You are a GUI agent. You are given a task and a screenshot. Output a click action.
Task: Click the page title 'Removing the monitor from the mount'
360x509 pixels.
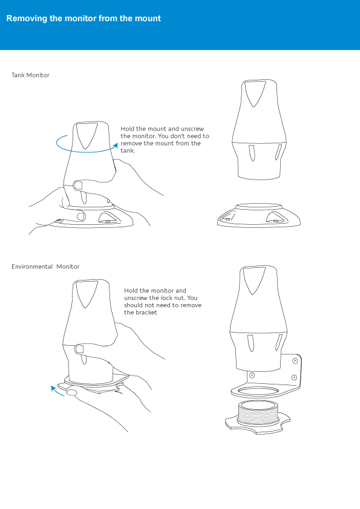(x=83, y=18)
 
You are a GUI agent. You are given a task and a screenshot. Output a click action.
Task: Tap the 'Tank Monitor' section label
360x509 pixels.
(x=30, y=75)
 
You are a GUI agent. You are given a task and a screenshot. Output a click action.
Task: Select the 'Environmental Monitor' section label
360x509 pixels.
(x=45, y=267)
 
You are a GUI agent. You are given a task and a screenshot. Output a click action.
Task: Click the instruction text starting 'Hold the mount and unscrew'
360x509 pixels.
(x=165, y=140)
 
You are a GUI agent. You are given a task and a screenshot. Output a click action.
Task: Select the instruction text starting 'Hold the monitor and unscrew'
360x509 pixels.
(x=163, y=301)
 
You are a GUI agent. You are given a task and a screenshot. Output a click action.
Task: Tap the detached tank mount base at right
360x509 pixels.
(x=258, y=215)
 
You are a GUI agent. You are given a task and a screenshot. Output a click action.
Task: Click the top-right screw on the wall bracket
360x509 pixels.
(x=295, y=361)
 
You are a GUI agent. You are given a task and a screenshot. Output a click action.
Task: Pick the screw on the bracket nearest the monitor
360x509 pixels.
(x=252, y=375)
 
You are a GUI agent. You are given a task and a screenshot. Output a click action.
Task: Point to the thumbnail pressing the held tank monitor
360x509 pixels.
(x=78, y=186)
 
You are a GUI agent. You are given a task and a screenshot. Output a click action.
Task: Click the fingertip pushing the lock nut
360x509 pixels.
(x=71, y=392)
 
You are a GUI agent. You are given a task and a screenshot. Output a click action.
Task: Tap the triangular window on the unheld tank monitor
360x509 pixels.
(x=255, y=93)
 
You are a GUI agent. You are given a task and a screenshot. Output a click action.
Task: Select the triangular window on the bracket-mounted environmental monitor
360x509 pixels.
(x=254, y=280)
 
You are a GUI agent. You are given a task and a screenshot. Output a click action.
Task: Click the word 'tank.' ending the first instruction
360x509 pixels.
(x=128, y=151)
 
